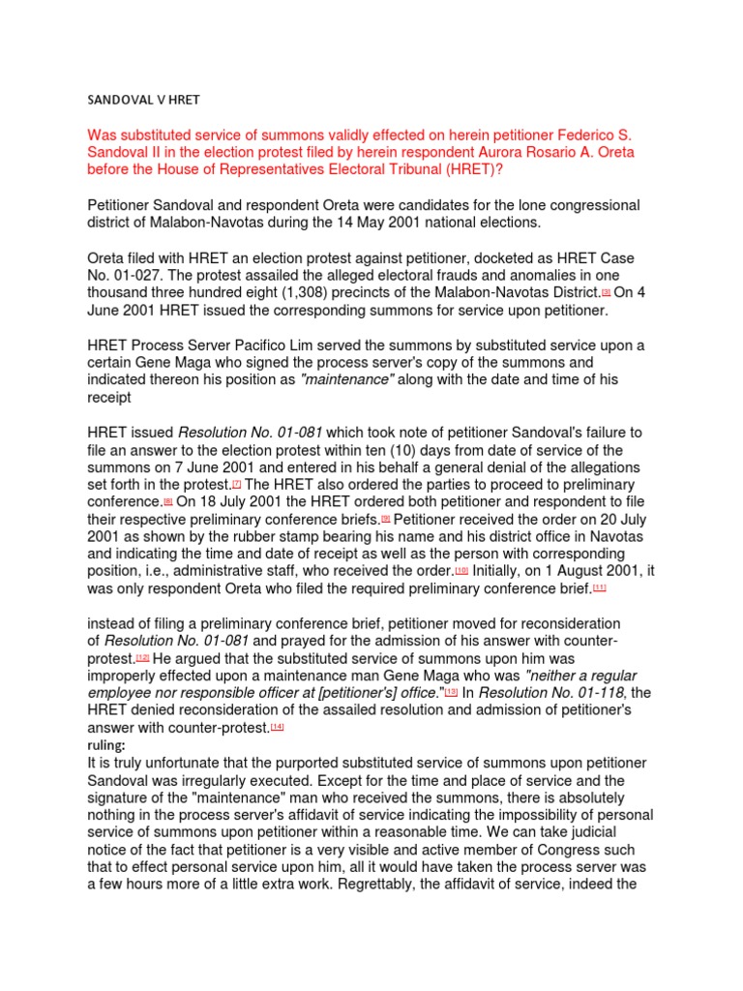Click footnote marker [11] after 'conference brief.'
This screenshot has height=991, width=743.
[x=600, y=588]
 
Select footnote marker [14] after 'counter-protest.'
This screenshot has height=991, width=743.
[x=277, y=727]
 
